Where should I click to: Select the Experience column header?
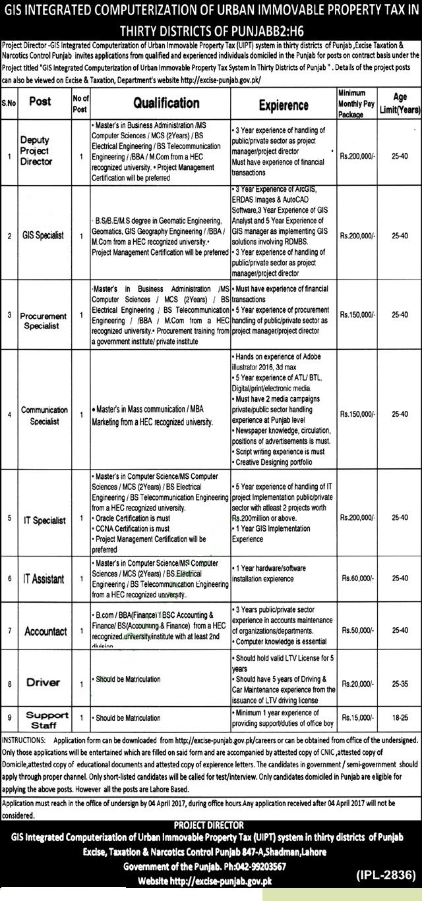pyautogui.click(x=284, y=105)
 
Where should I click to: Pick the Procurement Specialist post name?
pyautogui.click(x=40, y=320)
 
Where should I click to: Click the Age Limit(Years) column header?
pyautogui.click(x=400, y=102)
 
